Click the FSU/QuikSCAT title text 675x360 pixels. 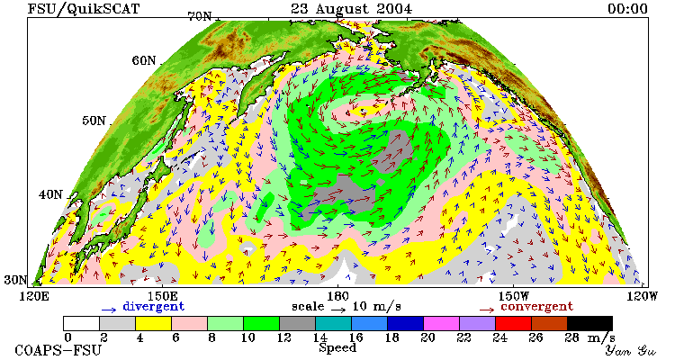(x=84, y=9)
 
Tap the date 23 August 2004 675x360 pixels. (x=351, y=9)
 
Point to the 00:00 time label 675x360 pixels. (x=627, y=9)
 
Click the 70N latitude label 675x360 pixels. (x=200, y=16)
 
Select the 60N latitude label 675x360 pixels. (x=144, y=60)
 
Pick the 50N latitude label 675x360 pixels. (x=94, y=120)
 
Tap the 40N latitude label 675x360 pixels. (x=50, y=194)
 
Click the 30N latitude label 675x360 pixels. (x=16, y=280)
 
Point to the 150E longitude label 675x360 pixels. (x=162, y=296)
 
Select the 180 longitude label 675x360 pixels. (x=337, y=296)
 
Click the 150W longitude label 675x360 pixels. (x=514, y=296)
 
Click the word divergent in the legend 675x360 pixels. (x=154, y=307)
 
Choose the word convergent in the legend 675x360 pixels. (x=536, y=307)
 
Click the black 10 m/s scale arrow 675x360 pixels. (x=338, y=309)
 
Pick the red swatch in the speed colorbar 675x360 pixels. (x=513, y=323)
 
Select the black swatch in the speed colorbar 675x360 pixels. (x=589, y=323)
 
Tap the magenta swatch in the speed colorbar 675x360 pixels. (x=441, y=323)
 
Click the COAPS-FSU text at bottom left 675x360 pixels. (x=58, y=350)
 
